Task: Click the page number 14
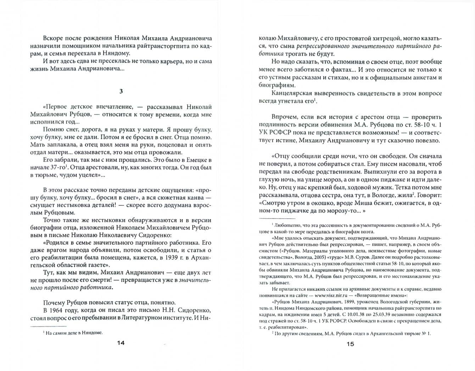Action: coord(121,343)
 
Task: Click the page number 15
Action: coord(350,344)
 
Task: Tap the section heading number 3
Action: coord(121,91)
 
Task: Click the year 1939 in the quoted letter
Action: coord(173,258)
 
